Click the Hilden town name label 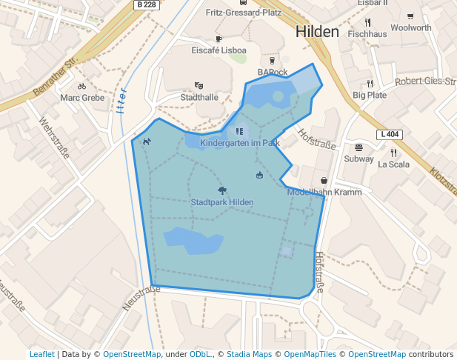tap(316, 32)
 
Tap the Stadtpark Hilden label tap(222, 202)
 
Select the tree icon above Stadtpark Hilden tap(222, 190)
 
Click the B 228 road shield tap(145, 4)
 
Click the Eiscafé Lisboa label tap(219, 50)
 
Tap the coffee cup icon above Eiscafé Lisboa tap(219, 39)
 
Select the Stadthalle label tap(199, 97)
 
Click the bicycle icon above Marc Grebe tap(81, 86)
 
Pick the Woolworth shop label tap(410, 28)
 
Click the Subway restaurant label tap(358, 159)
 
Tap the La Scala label tap(393, 164)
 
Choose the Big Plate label tap(370, 95)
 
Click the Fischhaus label tap(367, 34)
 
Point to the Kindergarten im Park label tap(239, 142)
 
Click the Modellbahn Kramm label tap(324, 192)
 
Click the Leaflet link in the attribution tap(41, 355)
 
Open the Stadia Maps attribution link tap(249, 355)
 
